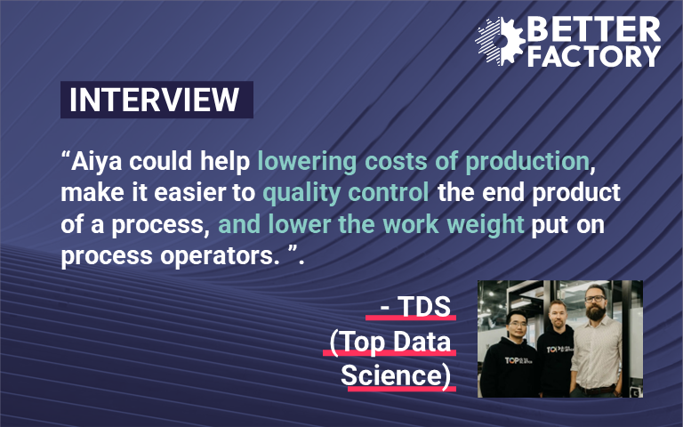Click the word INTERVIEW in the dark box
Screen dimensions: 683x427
[x=154, y=100]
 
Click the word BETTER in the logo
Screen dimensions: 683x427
[x=594, y=29]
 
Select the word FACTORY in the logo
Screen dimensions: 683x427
[x=594, y=56]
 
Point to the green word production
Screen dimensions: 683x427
[x=527, y=161]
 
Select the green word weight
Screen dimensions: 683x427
[x=486, y=224]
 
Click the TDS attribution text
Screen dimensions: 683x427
[x=415, y=306]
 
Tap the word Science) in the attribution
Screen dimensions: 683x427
[x=396, y=375]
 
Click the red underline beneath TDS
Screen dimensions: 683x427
[x=411, y=318]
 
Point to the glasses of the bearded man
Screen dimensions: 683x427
[x=595, y=299]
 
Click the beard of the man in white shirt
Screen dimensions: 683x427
[x=596, y=311]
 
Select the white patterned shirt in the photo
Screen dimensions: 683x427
[x=597, y=353]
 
